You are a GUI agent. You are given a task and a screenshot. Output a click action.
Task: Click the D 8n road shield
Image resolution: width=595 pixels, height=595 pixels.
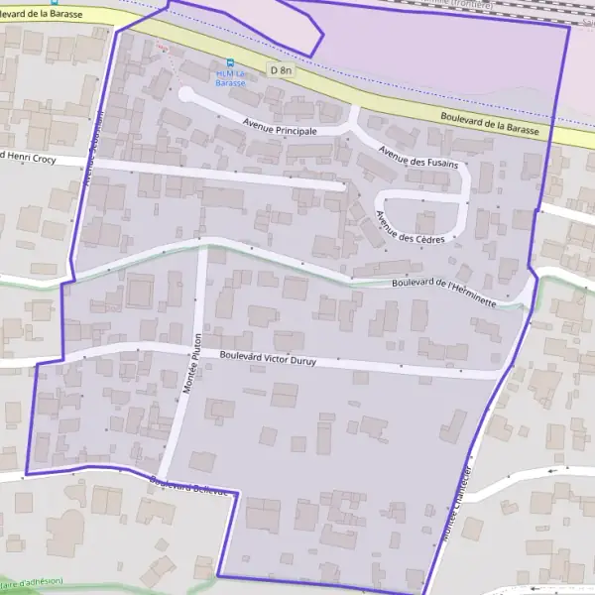coord(283,69)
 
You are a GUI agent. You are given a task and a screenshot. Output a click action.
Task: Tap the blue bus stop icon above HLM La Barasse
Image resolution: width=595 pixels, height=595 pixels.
coord(232,61)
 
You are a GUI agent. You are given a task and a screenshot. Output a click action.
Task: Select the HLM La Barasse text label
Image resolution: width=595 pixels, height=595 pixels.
coord(230,78)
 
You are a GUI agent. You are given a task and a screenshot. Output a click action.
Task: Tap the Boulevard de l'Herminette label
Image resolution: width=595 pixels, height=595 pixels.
coord(443,291)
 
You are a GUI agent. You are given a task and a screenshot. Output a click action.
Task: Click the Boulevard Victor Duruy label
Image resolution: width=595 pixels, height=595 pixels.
coord(268,358)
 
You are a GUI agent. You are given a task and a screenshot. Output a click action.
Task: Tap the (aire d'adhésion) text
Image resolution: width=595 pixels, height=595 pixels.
coord(32,581)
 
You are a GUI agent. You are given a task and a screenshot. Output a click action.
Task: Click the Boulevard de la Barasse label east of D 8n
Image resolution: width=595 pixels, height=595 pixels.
coord(490,124)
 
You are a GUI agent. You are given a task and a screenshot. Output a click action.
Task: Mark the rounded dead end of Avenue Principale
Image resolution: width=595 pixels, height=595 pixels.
coord(184,93)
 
